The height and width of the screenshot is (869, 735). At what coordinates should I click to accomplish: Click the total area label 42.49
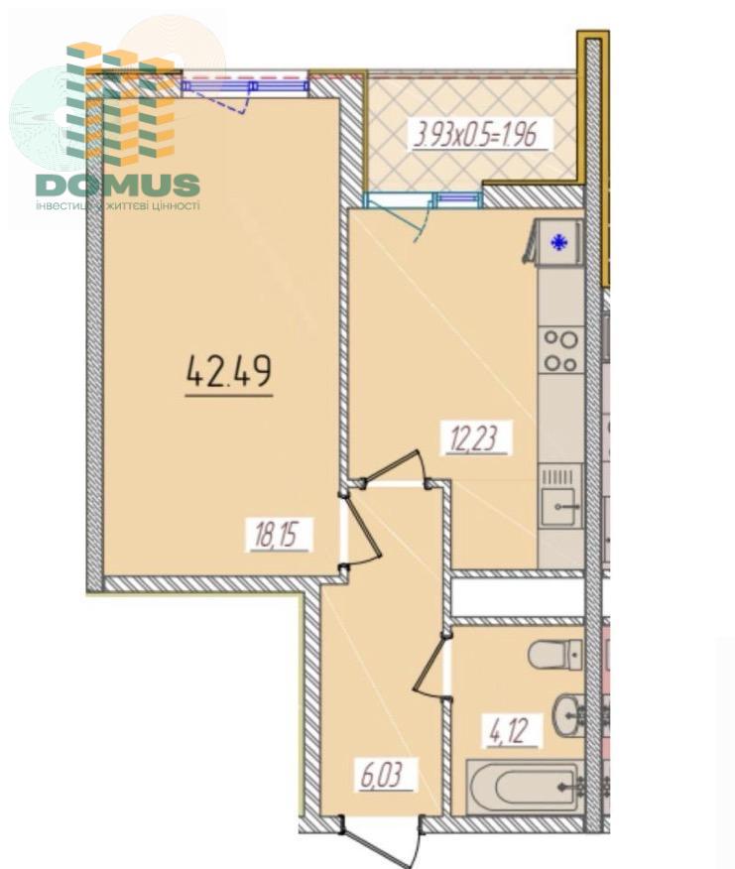[229, 371]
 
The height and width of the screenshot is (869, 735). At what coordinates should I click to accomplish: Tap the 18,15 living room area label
[280, 535]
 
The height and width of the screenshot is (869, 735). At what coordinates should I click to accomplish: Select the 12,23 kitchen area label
[474, 437]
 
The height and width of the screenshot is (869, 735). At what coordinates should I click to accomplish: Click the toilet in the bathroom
[554, 655]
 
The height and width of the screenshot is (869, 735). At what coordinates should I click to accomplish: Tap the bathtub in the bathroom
[524, 787]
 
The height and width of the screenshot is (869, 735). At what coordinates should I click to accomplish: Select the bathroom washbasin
[569, 715]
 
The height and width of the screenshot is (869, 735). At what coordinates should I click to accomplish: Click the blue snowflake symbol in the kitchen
[559, 242]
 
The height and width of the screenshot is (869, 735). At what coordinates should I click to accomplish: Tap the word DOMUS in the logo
[118, 186]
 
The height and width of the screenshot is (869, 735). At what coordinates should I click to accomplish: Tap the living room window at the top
[245, 86]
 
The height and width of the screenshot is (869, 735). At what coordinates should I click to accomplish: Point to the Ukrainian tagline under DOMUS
[117, 205]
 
